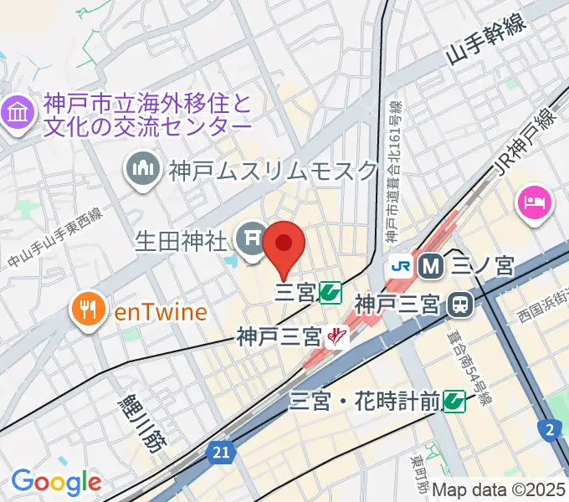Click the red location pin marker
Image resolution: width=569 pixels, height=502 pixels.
[x=284, y=245]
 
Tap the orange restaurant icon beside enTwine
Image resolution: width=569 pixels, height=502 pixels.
[x=87, y=312]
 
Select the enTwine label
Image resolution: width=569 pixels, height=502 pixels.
[x=161, y=313]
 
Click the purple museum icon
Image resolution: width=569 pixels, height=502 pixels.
[x=18, y=114]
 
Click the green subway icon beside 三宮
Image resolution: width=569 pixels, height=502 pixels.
[x=331, y=293]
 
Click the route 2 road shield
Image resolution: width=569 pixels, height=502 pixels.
[x=548, y=429]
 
